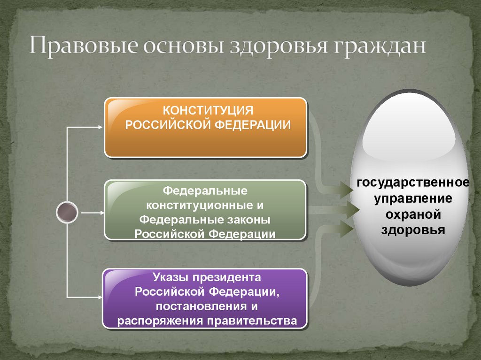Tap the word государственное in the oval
click(413, 182)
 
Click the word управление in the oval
click(413, 198)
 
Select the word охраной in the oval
click(413, 214)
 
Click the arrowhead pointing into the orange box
click(100, 127)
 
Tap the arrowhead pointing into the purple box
click(100, 297)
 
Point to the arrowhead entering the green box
click(100, 212)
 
